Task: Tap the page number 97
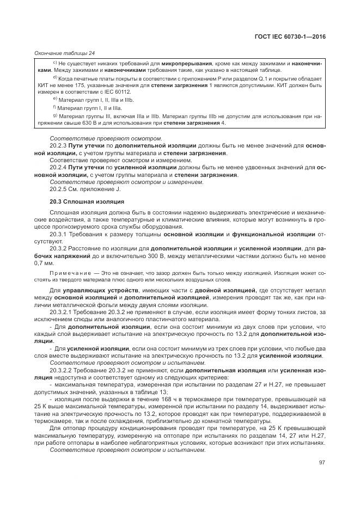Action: [x=322, y=463]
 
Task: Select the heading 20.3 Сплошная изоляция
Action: [x=87, y=201]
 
